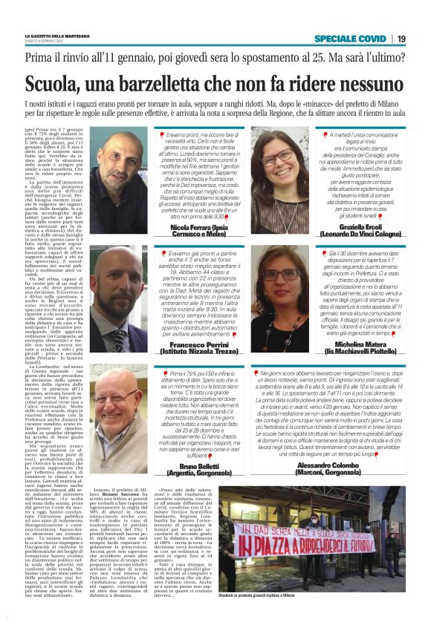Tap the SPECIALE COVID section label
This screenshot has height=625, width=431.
click(x=349, y=38)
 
